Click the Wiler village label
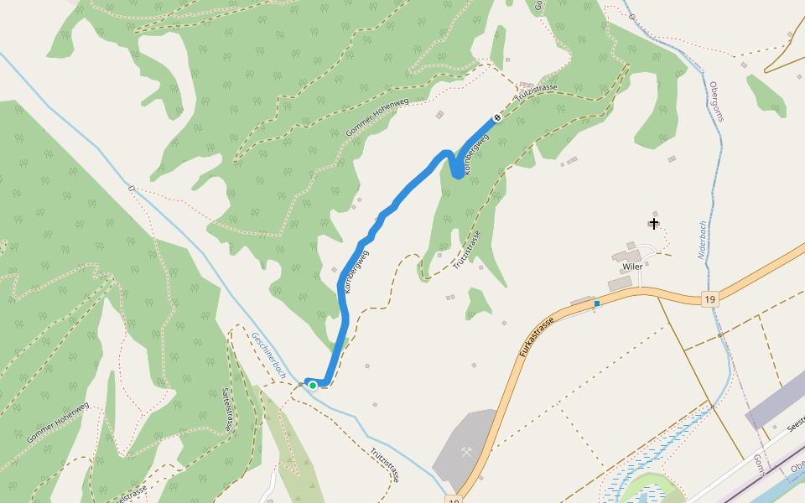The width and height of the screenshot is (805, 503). (632, 267)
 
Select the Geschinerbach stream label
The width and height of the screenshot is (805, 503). (270, 355)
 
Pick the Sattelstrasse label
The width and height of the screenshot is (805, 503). (226, 409)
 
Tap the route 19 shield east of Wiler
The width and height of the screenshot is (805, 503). (710, 299)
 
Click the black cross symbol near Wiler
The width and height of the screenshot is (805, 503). (653, 223)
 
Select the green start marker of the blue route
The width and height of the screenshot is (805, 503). (313, 385)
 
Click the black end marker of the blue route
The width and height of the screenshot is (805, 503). (496, 117)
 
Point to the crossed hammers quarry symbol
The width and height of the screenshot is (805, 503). (467, 452)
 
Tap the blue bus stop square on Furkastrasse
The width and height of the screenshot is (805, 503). (597, 303)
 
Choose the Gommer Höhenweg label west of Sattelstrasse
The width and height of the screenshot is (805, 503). (57, 423)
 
